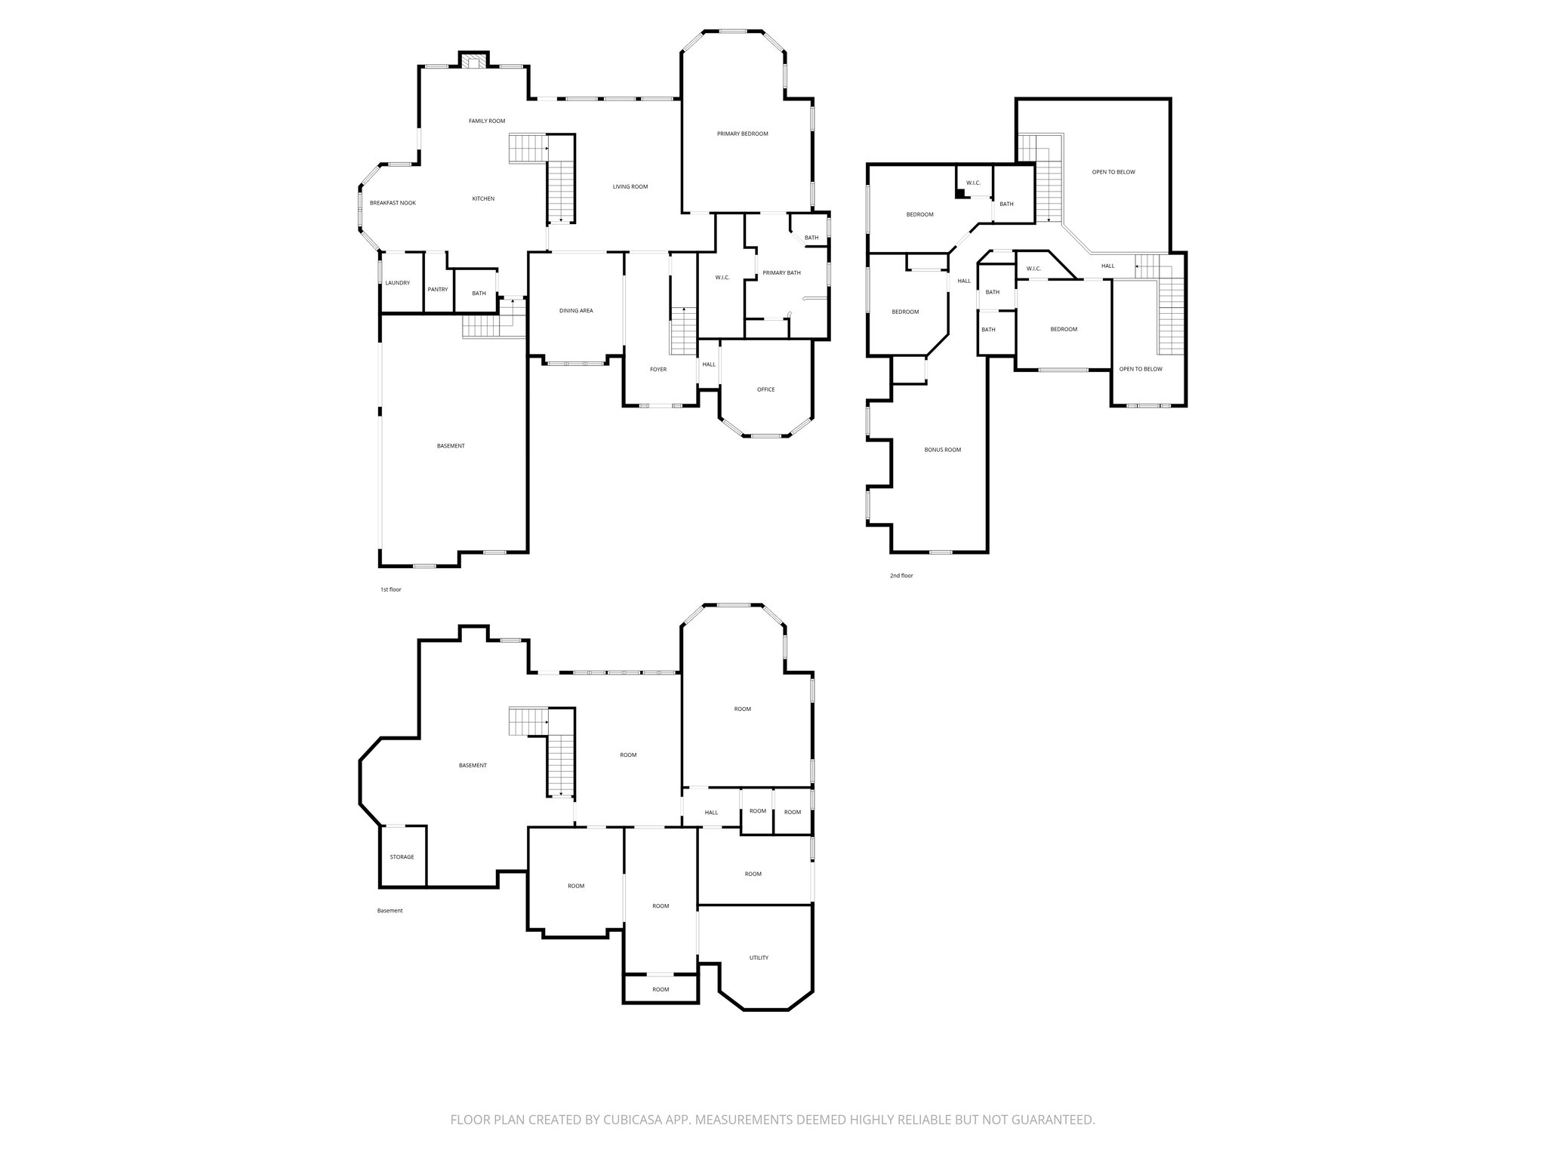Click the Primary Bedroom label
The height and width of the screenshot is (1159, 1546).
(742, 134)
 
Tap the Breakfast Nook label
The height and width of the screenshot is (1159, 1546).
(393, 203)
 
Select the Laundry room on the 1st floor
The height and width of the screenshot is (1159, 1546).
(397, 283)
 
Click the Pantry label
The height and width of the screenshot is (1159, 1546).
(438, 290)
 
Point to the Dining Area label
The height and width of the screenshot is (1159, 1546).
(576, 311)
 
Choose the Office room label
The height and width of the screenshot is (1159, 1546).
(765, 390)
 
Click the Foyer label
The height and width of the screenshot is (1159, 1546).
(658, 370)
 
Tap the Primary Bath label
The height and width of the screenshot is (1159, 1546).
(781, 273)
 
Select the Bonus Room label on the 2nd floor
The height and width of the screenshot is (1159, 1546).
(943, 450)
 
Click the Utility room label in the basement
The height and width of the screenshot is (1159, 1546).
(759, 958)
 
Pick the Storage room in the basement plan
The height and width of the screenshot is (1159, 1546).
(402, 857)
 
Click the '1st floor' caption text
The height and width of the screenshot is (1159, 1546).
(390, 589)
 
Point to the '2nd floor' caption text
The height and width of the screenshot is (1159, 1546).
(901, 576)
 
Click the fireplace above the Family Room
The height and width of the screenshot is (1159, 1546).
(474, 62)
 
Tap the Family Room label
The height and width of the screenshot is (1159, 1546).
(487, 121)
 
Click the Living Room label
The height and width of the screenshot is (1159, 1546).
(630, 187)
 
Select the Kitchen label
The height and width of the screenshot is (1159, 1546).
(483, 198)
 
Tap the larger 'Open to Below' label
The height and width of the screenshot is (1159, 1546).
(1113, 172)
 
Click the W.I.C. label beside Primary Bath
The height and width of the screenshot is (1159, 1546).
(722, 278)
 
